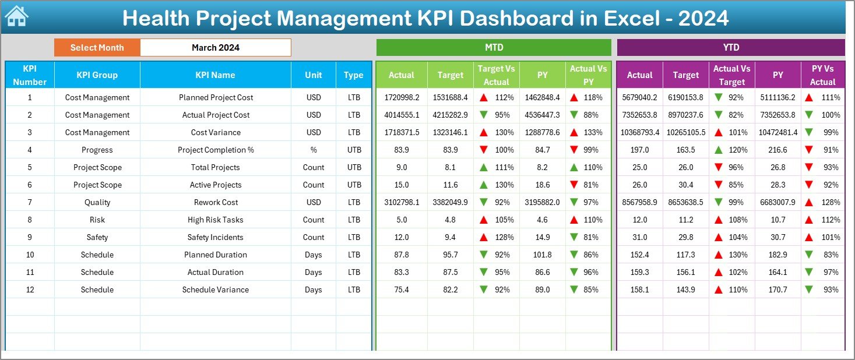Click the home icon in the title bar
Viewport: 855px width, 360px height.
(x=16, y=17)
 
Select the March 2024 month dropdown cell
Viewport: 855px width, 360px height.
(x=215, y=48)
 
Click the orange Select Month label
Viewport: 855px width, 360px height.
(x=97, y=48)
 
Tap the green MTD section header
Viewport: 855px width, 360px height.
(x=494, y=47)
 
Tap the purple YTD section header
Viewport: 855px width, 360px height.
(x=731, y=47)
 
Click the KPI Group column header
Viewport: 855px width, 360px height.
(x=97, y=75)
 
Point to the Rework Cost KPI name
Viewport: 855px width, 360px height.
(x=215, y=202)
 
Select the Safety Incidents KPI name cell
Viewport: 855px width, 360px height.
(x=215, y=237)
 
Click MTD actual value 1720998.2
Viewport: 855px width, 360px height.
(x=401, y=97)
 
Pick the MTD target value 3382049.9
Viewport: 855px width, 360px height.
(x=450, y=202)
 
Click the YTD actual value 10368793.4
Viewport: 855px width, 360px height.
(x=639, y=132)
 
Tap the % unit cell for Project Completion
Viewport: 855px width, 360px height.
(x=314, y=150)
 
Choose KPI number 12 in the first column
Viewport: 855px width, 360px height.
(x=30, y=290)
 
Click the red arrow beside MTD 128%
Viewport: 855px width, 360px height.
(x=484, y=237)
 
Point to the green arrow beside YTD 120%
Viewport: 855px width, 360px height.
(x=719, y=150)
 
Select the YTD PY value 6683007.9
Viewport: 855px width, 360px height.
(x=778, y=202)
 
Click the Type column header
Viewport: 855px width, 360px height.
(x=353, y=75)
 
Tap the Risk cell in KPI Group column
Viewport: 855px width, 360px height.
(x=97, y=220)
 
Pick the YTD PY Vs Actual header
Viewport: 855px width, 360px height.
(x=822, y=75)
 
